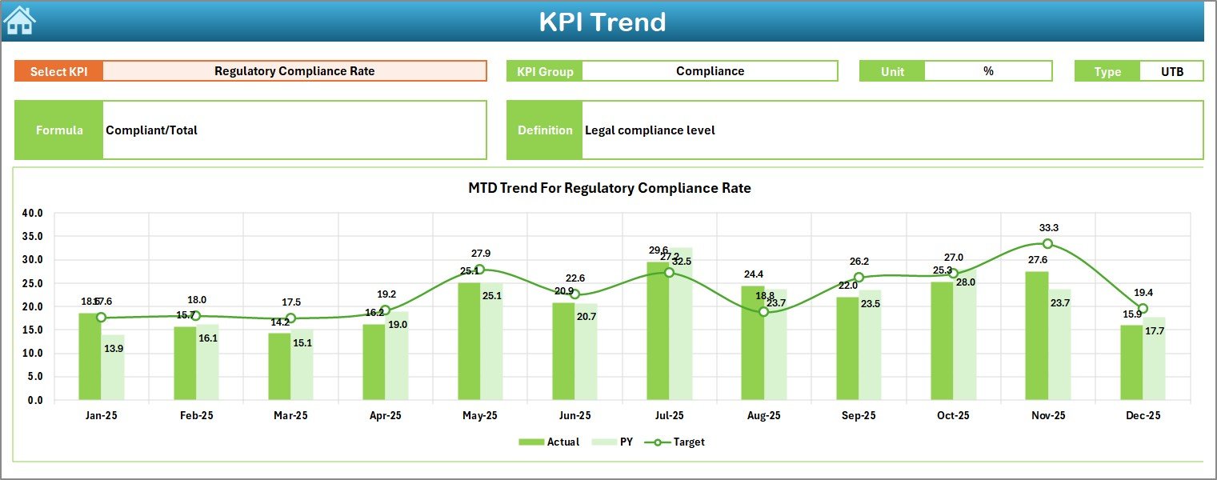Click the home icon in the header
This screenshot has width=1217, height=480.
pos(19,20)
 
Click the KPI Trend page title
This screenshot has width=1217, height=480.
pos(602,22)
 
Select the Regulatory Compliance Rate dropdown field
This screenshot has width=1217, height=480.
pos(294,71)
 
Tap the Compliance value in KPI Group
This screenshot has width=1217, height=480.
pos(710,71)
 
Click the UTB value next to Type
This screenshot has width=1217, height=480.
pos(1171,71)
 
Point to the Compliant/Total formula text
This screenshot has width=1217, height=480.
pos(152,130)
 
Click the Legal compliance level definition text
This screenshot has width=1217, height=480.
pos(650,130)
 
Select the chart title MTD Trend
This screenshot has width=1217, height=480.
pos(609,188)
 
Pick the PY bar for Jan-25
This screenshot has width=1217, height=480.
pos(113,367)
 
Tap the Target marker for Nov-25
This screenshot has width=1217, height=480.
pos(1047,244)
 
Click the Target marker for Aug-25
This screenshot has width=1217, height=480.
pos(763,312)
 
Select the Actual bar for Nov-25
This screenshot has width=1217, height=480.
pos(1036,336)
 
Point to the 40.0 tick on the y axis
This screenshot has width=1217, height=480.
pos(32,214)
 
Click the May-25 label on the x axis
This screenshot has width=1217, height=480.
pos(479,416)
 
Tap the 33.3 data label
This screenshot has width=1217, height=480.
pos(1048,228)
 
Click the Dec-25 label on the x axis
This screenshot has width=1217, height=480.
pos(1143,416)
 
